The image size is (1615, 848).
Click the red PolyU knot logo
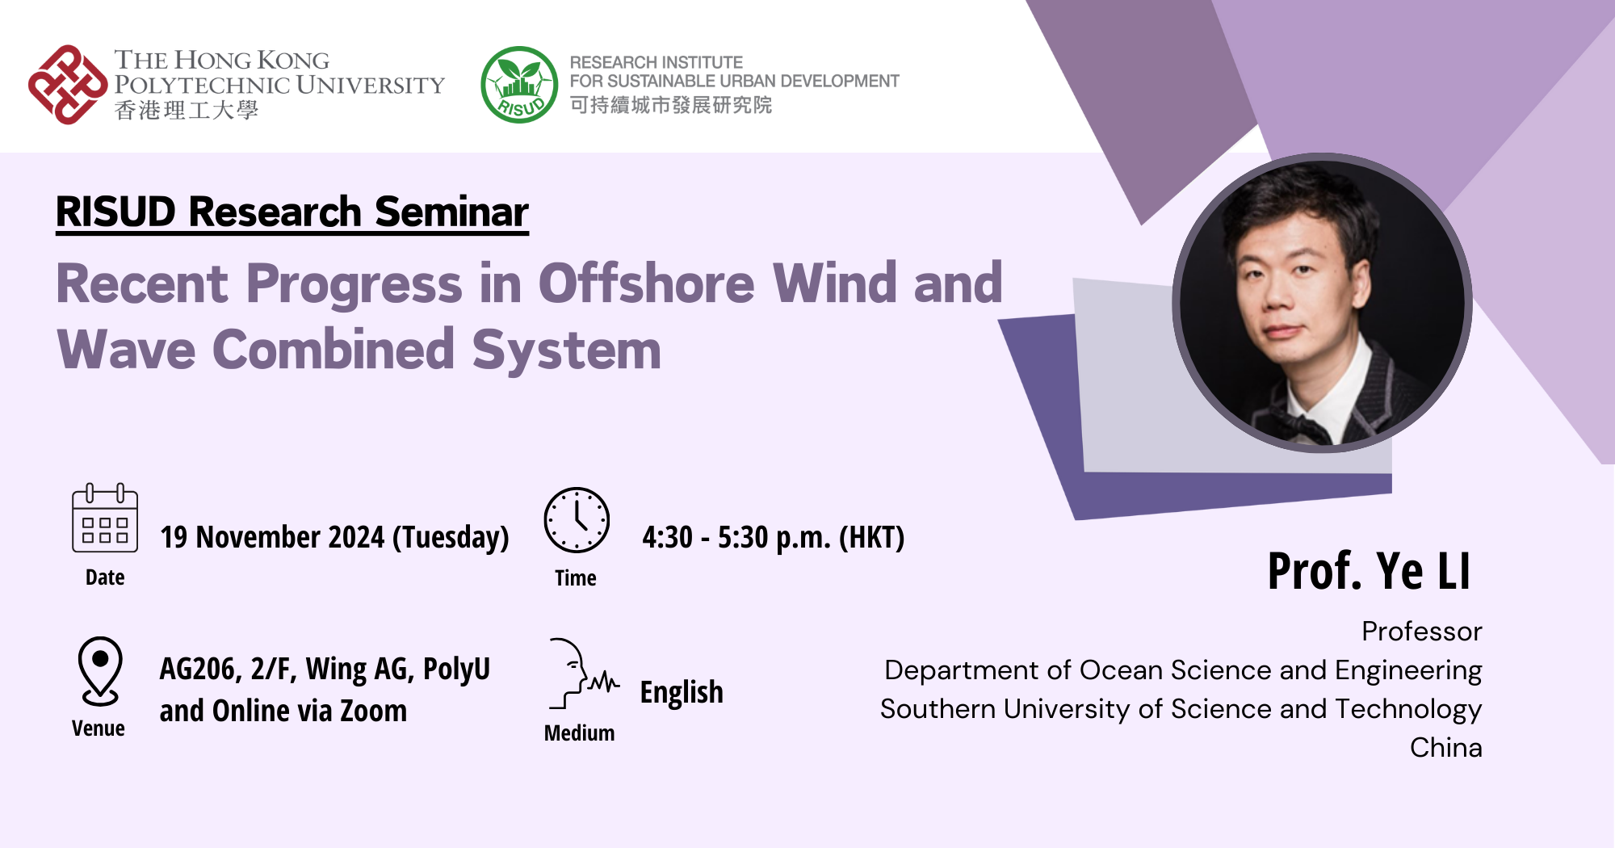(68, 85)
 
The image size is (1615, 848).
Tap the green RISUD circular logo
(519, 85)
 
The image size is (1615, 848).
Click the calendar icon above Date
(105, 518)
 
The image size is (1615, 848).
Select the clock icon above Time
(576, 520)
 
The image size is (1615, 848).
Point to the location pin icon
(100, 671)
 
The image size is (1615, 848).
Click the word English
(681, 692)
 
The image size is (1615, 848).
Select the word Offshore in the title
(646, 284)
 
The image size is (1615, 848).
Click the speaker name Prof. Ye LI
(1369, 571)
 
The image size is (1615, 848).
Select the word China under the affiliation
(1445, 748)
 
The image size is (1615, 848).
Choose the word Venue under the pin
(99, 728)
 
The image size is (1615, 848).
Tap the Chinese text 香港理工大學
(187, 111)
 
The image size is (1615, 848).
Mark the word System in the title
(566, 351)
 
